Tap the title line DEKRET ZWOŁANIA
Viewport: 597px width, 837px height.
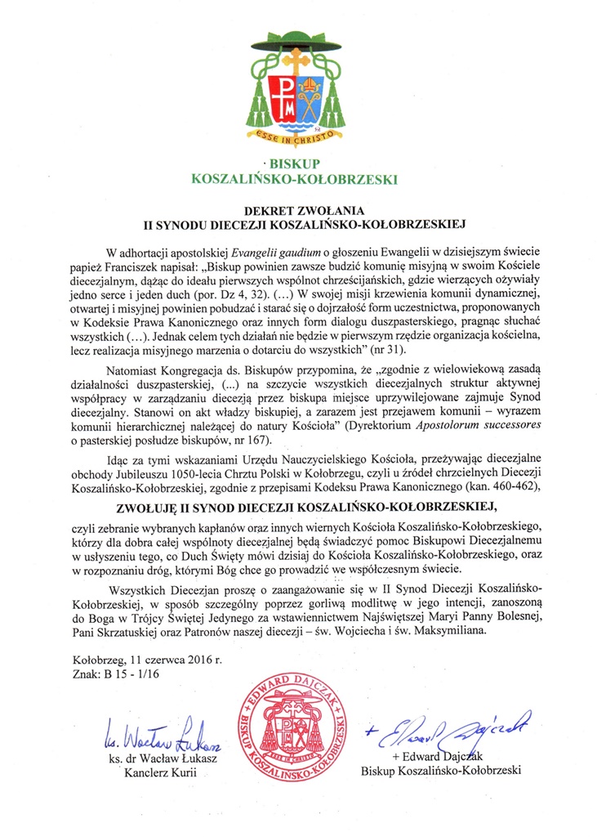297,209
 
